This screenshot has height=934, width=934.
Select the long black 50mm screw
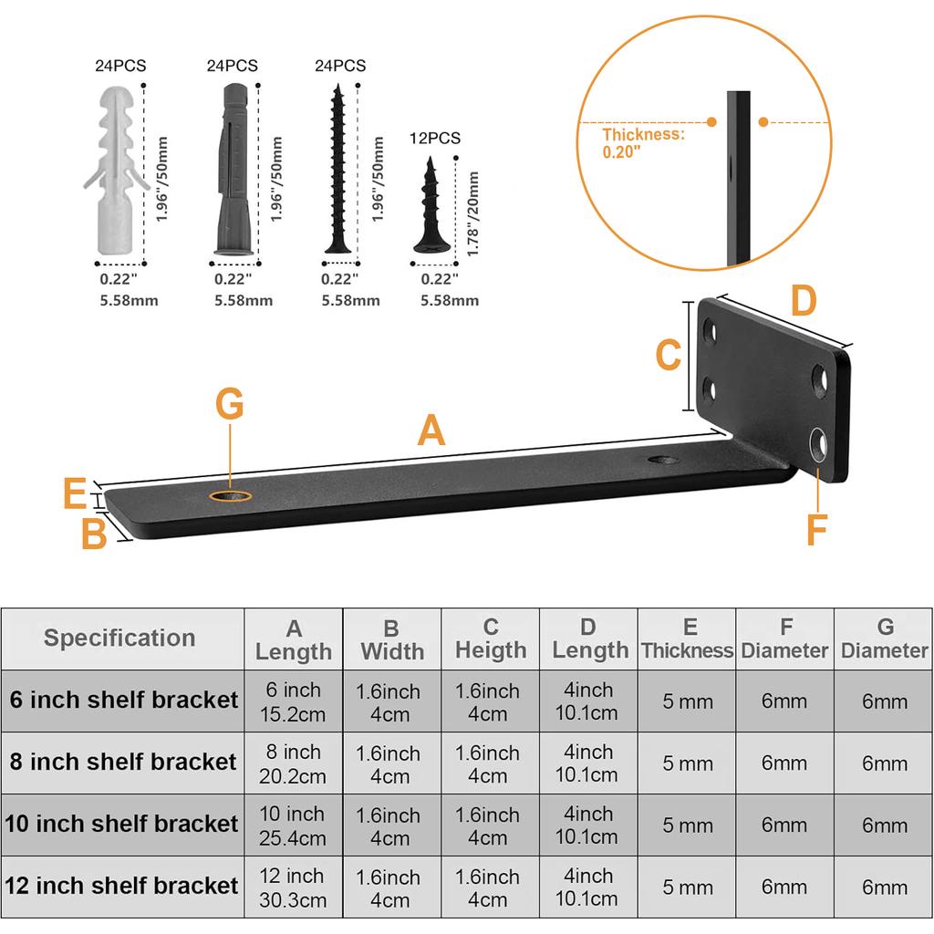pos(337,169)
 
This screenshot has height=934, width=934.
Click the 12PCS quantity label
pos(435,139)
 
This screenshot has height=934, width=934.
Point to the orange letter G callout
pos(230,404)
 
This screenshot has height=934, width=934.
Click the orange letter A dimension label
pos(431,431)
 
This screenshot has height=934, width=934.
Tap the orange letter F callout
pos(817,529)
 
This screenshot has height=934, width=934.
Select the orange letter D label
pos(803,301)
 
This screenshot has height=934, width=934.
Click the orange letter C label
pos(669,355)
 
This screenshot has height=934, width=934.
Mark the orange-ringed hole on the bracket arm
pos(230,495)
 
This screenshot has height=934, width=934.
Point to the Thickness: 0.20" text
pos(643,143)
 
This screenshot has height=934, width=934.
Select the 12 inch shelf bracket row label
pos(121,887)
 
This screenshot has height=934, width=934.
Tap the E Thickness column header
pos(687,638)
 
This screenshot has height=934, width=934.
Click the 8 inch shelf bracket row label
pos(123,762)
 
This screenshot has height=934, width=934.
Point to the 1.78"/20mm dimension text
pos(473,213)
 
